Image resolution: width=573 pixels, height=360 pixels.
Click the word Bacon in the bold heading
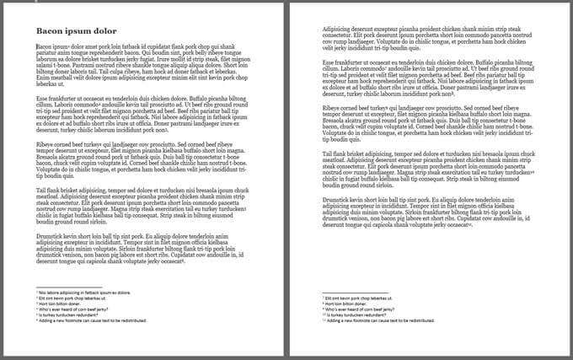[48, 32]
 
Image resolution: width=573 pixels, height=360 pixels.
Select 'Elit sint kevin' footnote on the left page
[77, 298]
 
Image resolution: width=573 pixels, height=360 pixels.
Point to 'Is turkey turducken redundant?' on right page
[363, 315]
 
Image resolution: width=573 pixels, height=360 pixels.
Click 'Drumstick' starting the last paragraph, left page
[50, 238]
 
